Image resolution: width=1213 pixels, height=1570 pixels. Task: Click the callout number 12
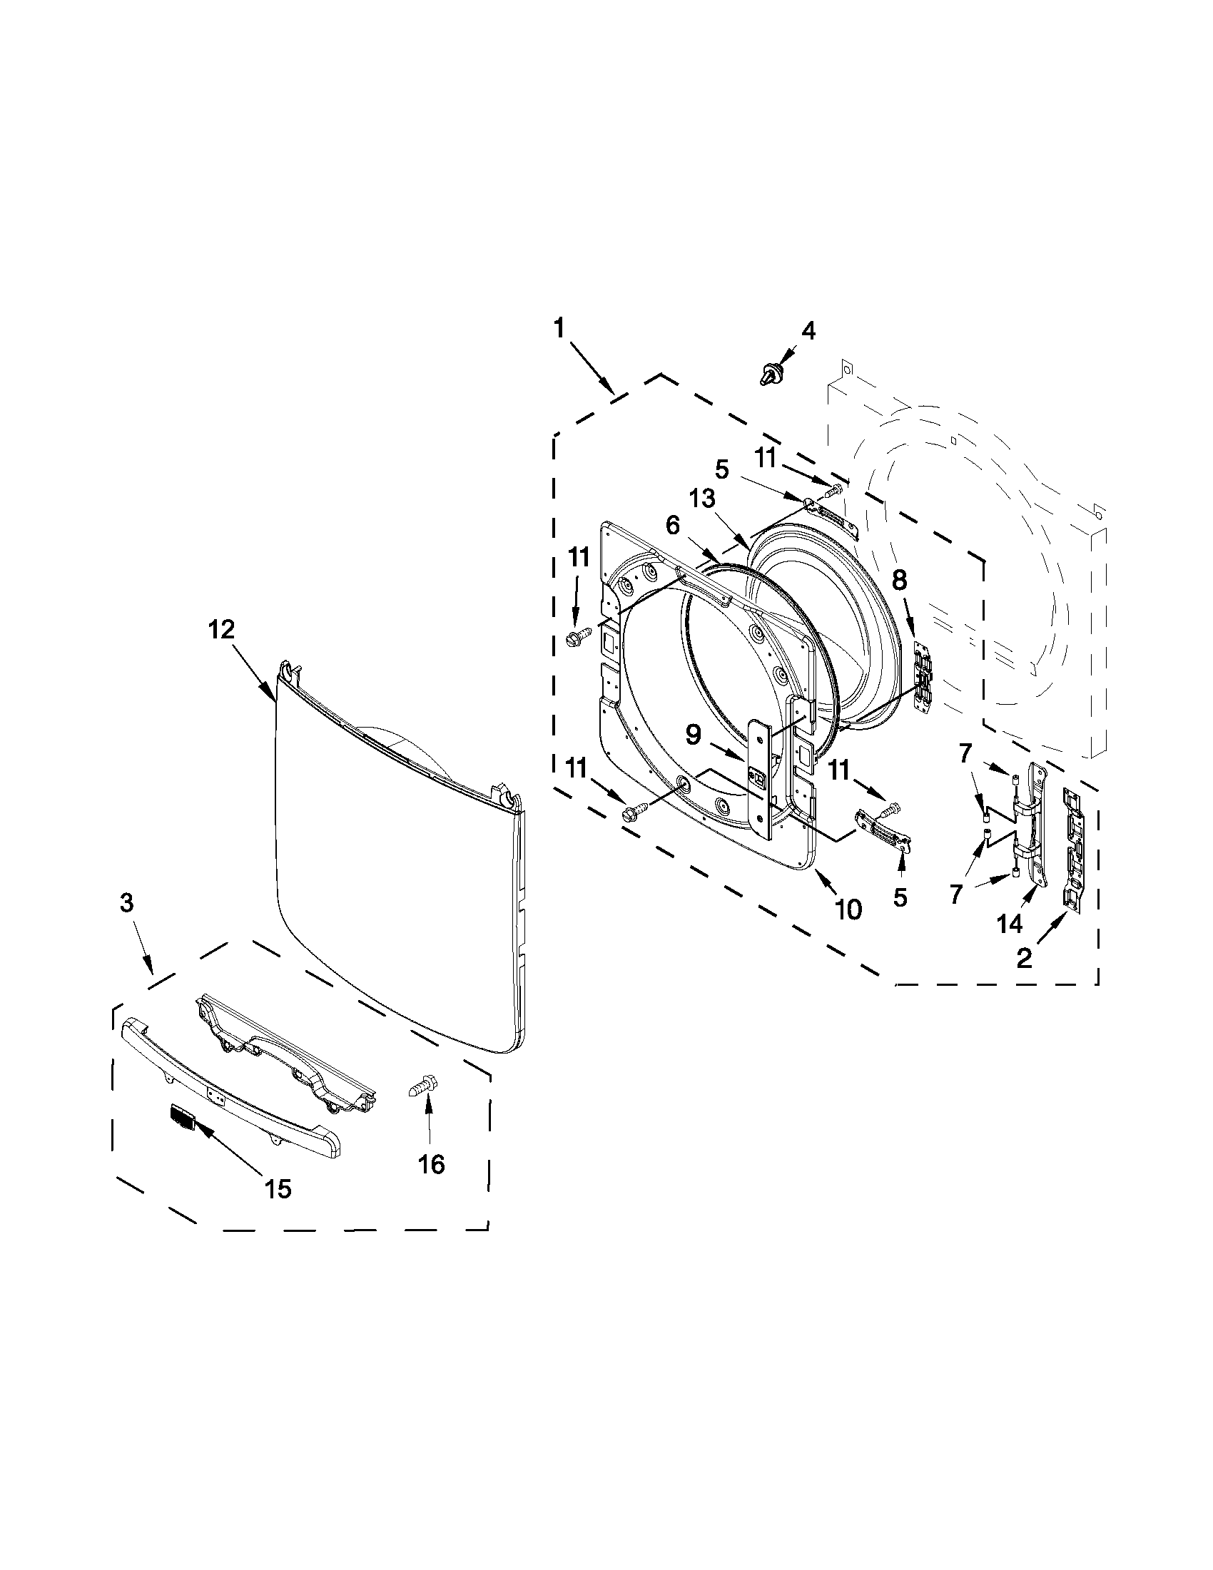221,631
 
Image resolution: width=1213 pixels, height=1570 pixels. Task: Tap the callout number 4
808,332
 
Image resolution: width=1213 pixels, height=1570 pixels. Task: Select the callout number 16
432,1164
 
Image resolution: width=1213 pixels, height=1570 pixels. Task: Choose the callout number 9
692,734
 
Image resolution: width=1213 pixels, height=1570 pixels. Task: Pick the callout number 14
1010,924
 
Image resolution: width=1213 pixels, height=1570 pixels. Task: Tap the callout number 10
848,909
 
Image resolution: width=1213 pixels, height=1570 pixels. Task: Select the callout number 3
126,903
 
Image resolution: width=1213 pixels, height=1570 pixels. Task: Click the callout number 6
672,526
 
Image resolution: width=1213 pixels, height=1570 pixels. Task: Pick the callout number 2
1025,957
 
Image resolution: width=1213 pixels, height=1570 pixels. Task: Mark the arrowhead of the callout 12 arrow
275,700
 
